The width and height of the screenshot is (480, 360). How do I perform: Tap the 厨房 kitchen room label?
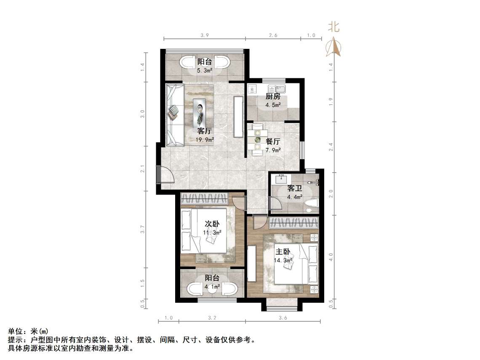272,96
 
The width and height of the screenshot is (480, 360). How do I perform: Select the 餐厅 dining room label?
273,141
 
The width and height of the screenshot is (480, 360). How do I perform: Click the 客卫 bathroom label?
294,188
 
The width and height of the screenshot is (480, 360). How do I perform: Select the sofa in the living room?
173,114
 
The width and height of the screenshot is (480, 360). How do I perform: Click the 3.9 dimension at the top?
205,36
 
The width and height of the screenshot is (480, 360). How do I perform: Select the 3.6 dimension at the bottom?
283,318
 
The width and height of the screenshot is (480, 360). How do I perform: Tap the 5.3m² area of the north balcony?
205,71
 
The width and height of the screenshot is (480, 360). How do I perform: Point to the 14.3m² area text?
283,260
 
